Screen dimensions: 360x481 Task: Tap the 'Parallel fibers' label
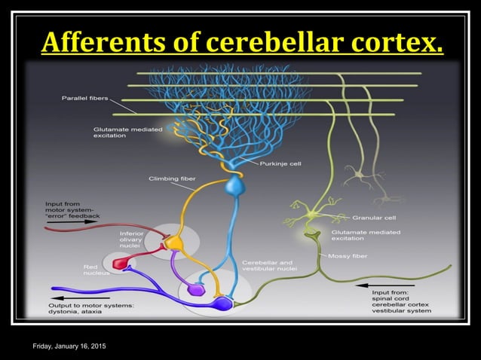point(84,98)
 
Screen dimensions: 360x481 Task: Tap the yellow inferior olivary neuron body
point(174,243)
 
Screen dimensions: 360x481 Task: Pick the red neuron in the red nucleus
point(121,263)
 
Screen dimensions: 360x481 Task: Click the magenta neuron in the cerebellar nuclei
point(195,288)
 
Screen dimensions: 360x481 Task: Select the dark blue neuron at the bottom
point(223,303)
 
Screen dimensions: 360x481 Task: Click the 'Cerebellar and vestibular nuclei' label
point(269,266)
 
